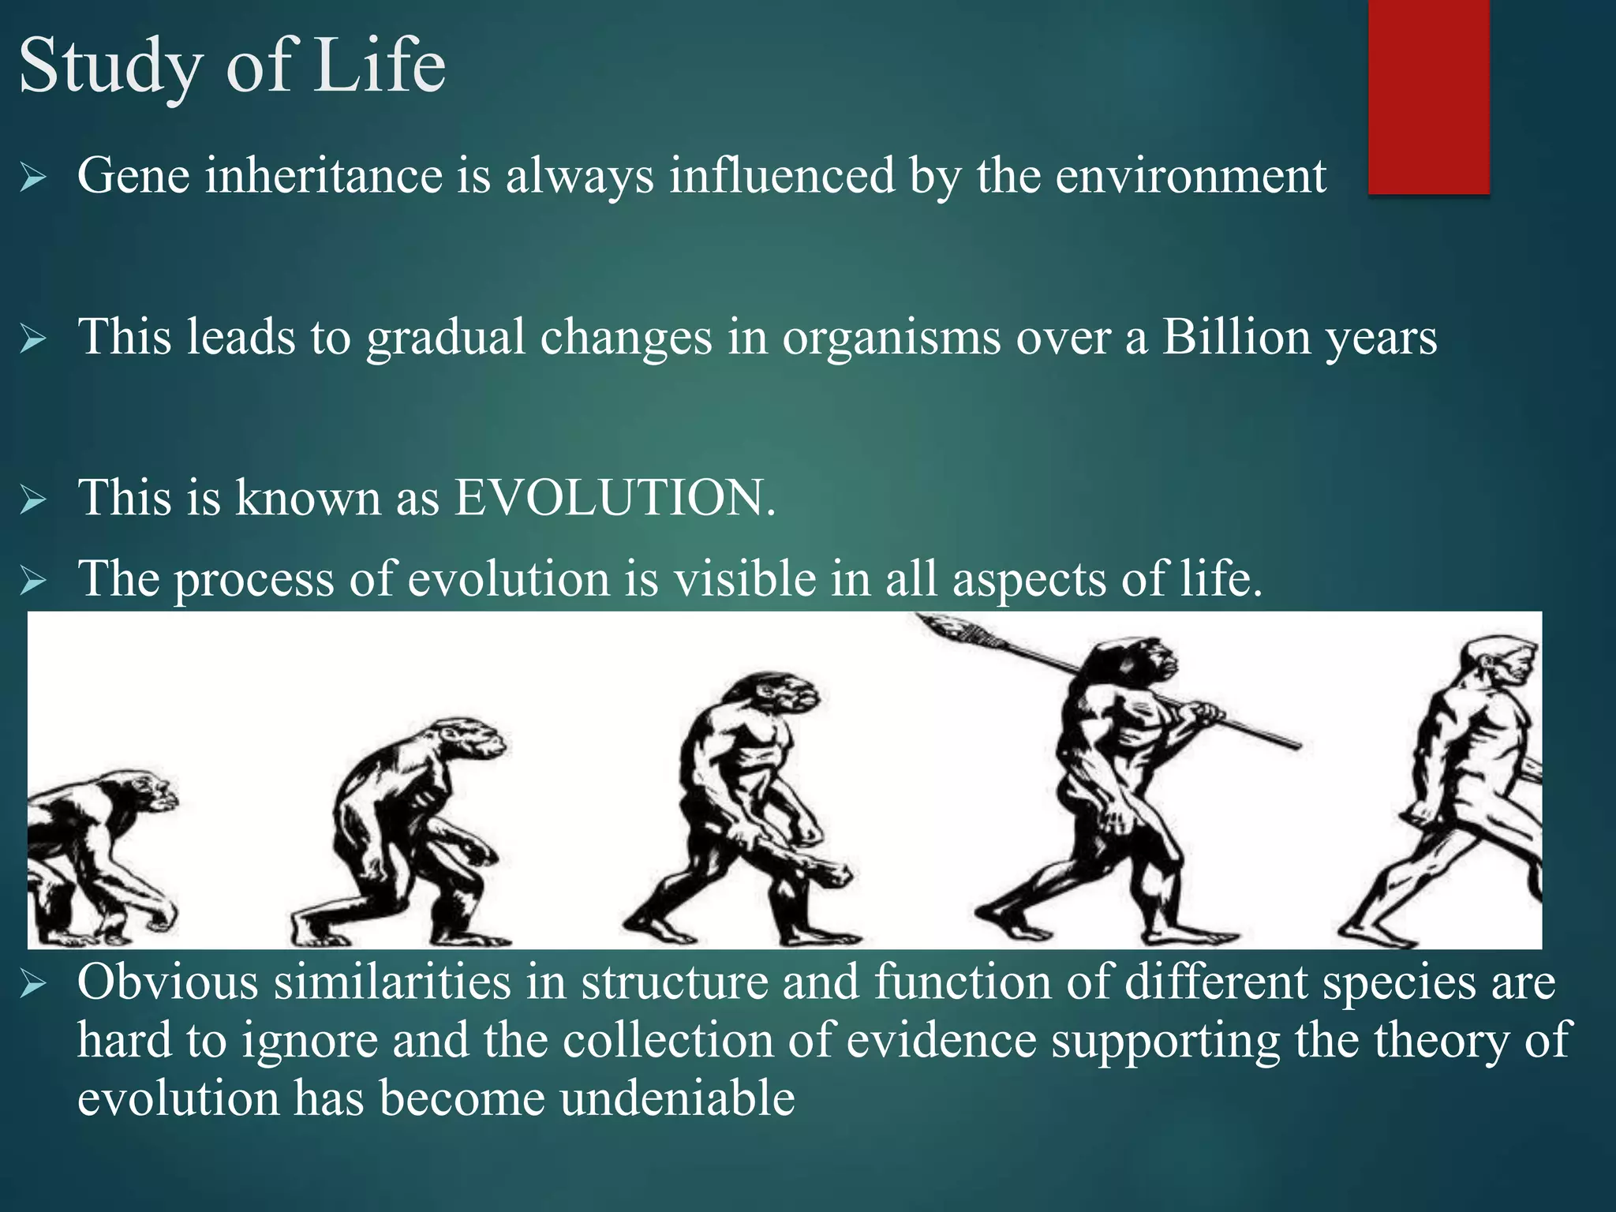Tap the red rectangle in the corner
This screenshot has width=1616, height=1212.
click(1428, 96)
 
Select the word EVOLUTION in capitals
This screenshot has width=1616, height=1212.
click(615, 498)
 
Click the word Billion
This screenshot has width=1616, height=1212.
click(1236, 337)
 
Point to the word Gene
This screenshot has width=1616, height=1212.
click(133, 175)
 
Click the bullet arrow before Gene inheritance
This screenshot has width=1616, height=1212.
click(34, 178)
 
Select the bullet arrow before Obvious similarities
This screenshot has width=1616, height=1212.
click(34, 985)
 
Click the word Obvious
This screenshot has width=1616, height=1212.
click(168, 983)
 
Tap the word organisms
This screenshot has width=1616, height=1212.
click(891, 337)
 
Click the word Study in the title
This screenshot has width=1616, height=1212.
click(110, 67)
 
